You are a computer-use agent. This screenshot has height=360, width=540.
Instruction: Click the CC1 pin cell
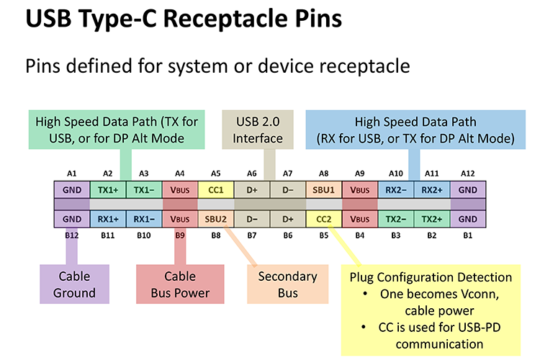tap(215, 190)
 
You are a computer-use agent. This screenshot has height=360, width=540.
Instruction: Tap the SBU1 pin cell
tap(323, 190)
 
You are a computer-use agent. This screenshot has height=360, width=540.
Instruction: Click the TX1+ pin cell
tap(107, 190)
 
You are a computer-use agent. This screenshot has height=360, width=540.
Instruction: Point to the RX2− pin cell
tap(395, 190)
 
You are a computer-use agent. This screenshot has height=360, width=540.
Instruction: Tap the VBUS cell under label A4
tap(179, 190)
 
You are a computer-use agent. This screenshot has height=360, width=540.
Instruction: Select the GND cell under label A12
tap(467, 190)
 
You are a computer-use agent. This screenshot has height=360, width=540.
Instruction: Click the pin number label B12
tap(71, 235)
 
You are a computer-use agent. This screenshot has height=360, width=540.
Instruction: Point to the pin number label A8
tap(323, 174)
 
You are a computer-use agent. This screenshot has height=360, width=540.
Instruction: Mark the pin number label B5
tap(323, 235)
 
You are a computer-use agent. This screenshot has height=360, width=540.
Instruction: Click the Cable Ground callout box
tap(74, 284)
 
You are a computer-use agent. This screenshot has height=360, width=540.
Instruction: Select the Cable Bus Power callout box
tap(179, 284)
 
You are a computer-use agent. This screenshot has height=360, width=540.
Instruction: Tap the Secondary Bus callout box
tap(287, 284)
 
